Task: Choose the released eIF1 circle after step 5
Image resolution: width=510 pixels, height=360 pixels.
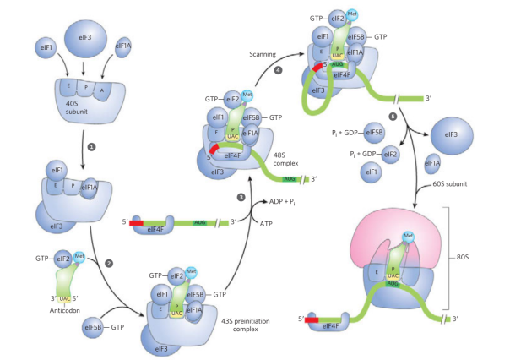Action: (x=368, y=174)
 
